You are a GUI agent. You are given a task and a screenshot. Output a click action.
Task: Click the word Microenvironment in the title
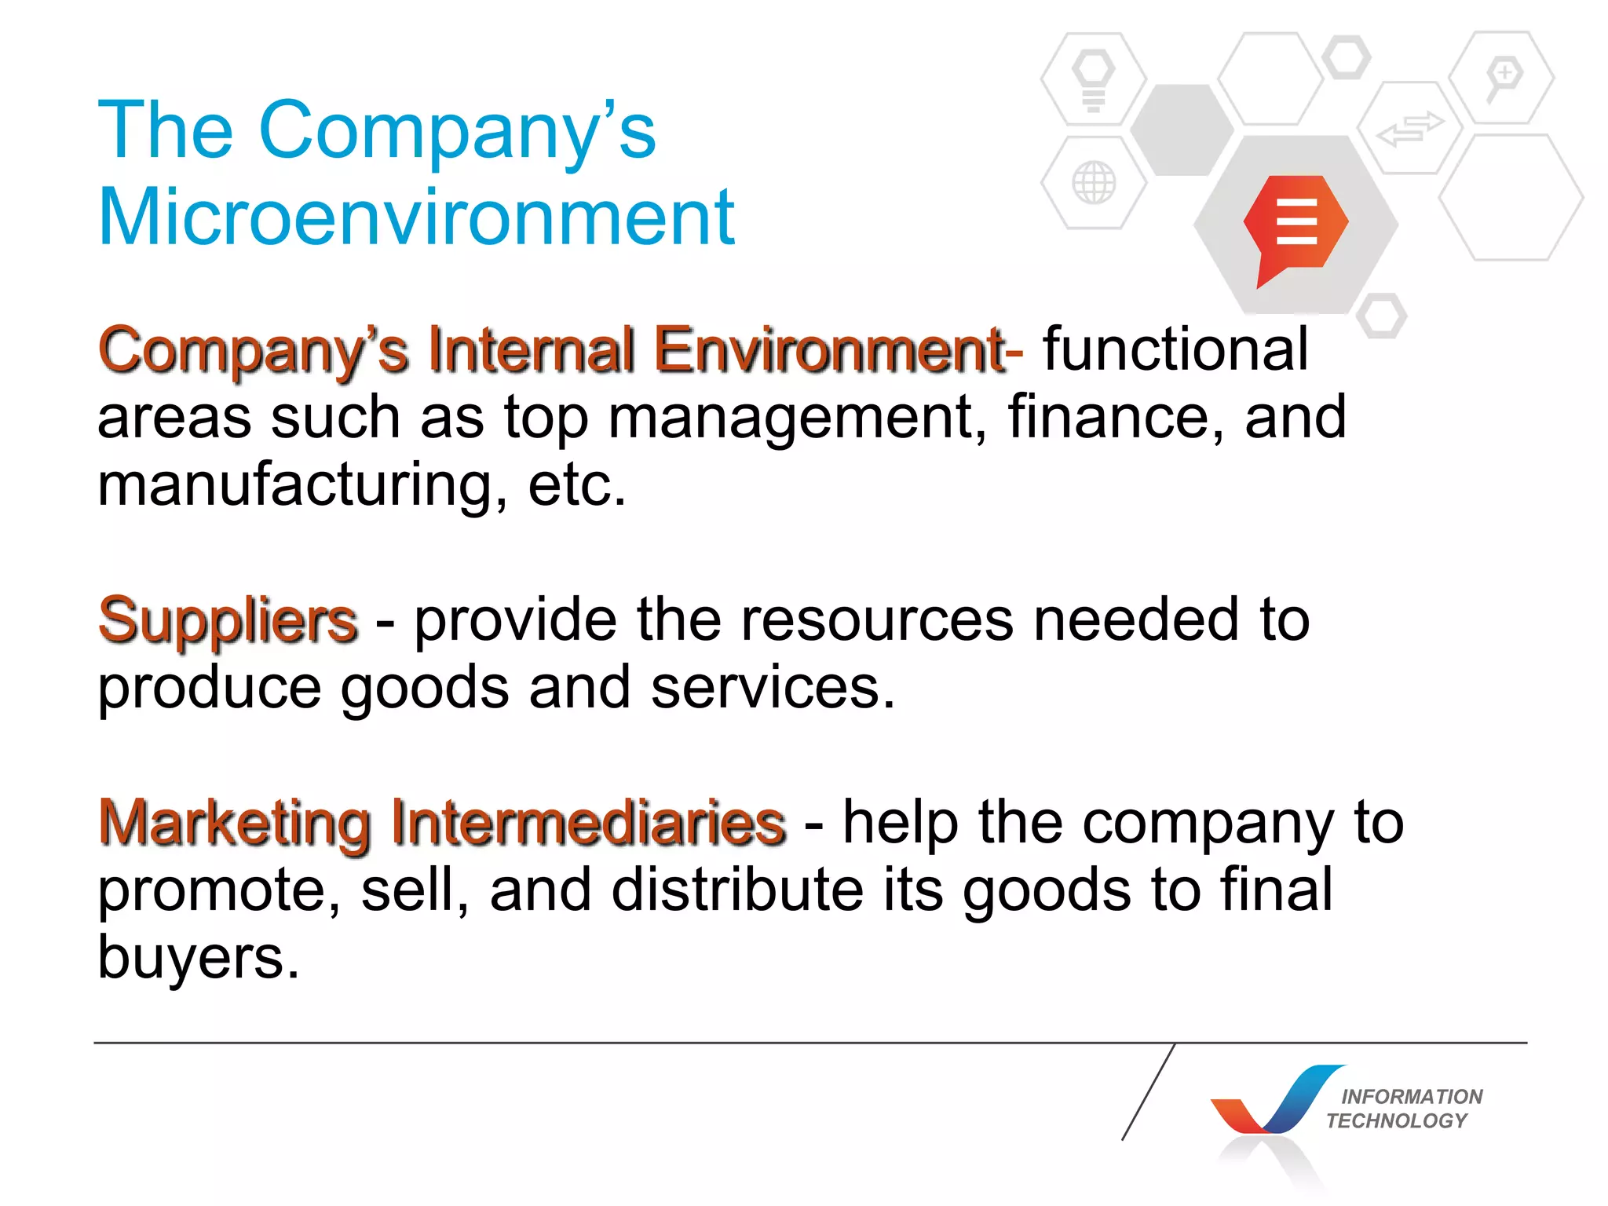point(416,217)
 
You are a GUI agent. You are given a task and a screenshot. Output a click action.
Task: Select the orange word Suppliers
point(228,620)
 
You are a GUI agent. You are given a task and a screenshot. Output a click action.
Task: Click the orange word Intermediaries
point(588,823)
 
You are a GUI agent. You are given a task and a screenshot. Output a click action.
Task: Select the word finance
point(1114,417)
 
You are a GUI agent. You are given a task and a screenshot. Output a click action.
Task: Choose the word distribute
point(737,890)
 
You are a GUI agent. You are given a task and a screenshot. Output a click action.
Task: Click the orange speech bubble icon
point(1296,225)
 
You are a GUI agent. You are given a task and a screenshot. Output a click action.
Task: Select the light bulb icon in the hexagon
point(1093,79)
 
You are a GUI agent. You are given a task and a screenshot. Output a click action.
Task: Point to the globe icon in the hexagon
point(1093,183)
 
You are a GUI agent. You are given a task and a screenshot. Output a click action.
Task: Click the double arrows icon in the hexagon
point(1410,129)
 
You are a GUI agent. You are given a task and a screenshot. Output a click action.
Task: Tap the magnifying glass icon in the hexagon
point(1502,79)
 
